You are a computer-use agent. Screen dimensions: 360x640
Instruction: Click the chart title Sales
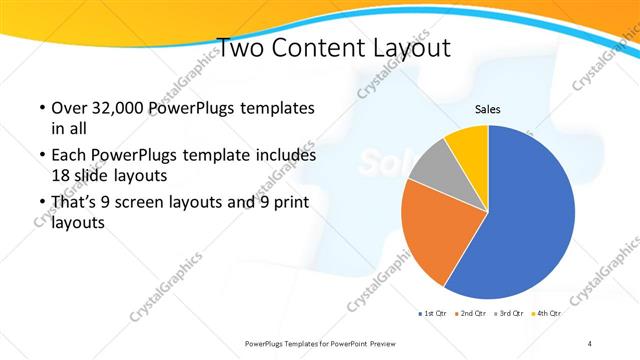[x=487, y=109]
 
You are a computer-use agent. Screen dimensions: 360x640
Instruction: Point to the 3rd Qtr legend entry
[x=508, y=314]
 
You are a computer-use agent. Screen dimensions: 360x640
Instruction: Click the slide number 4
[x=590, y=344]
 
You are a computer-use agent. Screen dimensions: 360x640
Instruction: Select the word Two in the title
[x=239, y=47]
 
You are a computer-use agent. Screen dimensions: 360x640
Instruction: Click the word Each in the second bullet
[x=67, y=156]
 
